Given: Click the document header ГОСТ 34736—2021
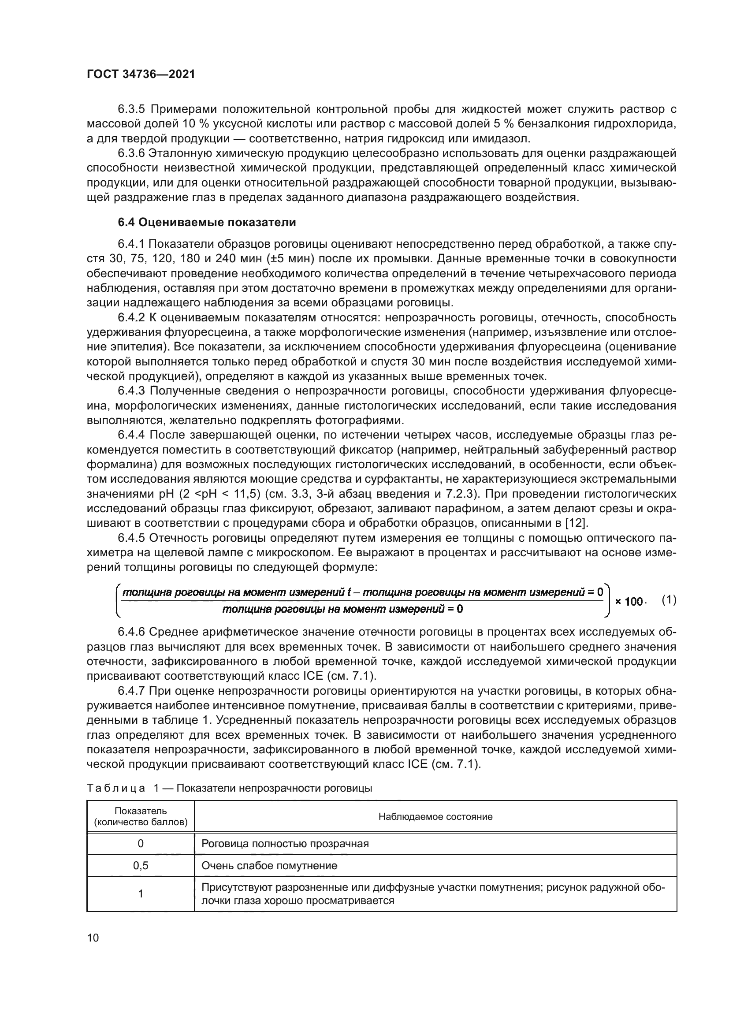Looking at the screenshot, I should pos(141,74).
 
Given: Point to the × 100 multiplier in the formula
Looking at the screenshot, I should pos(629,601).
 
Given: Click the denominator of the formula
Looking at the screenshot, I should pos(343,609).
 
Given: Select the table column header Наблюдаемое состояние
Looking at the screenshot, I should pos(435,817).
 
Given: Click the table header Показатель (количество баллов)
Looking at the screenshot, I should pos(141,817).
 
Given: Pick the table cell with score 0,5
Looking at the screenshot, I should pos(141,865).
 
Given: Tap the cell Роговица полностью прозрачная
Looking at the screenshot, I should pos(285,843).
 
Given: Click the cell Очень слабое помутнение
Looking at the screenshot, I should pos(269,865).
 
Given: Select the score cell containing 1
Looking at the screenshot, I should pos(141,893).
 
